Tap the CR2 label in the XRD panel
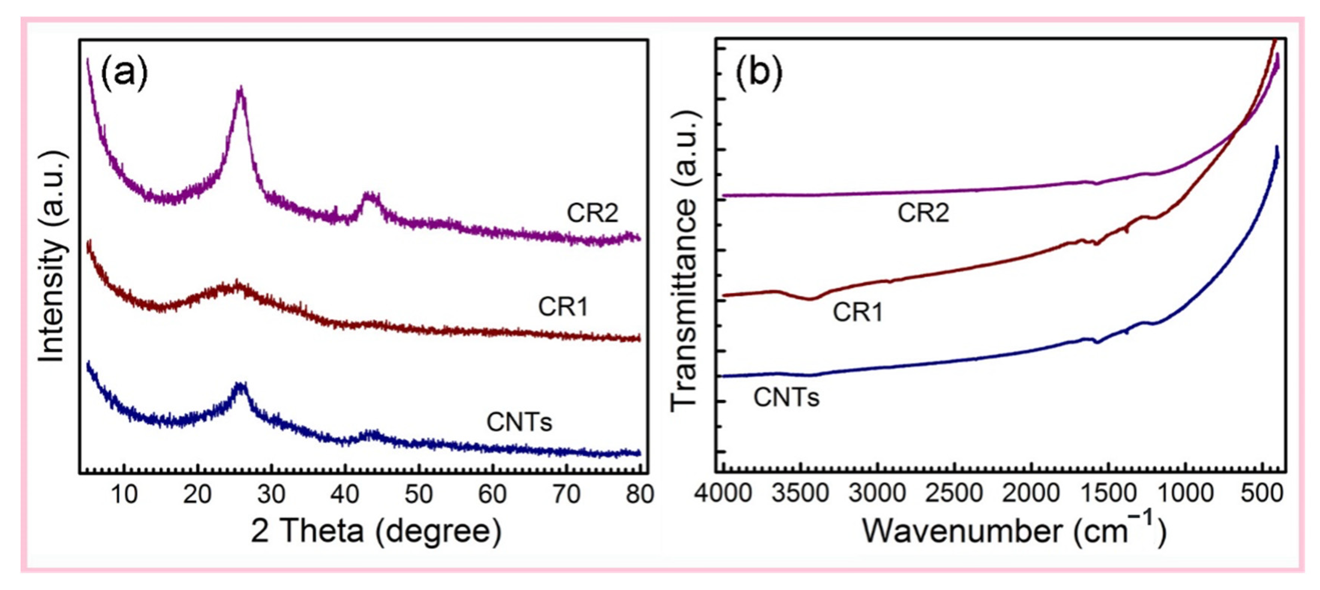[x=592, y=213]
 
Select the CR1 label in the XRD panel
[x=563, y=307]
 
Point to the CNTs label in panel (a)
[x=519, y=422]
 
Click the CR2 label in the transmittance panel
[x=923, y=213]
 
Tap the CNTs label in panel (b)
[x=786, y=397]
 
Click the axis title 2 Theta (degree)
[x=375, y=532]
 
